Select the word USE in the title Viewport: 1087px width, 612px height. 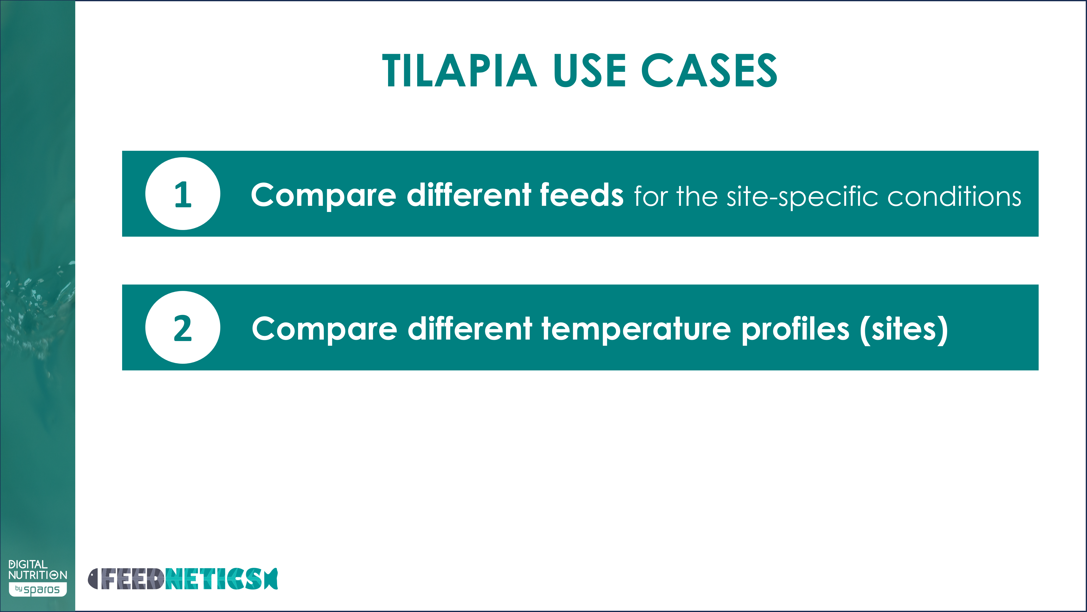tap(590, 71)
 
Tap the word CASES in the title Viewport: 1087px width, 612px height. tap(709, 71)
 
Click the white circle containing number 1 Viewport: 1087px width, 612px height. tap(183, 194)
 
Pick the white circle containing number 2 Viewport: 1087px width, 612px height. tap(183, 327)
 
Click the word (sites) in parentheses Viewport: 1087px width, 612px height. tap(904, 329)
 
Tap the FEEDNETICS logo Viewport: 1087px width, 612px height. tap(183, 579)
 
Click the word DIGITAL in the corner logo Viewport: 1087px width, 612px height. tap(28, 564)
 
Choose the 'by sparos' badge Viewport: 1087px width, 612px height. tap(37, 589)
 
